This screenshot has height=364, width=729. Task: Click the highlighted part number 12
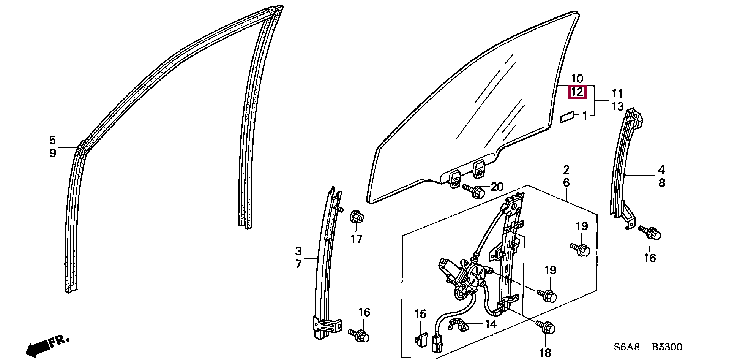coord(577,92)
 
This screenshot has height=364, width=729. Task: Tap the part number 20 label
coord(497,187)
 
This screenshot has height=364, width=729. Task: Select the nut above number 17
coord(356,217)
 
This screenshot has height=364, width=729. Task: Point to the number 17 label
coord(356,239)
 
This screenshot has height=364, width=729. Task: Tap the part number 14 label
coord(491,324)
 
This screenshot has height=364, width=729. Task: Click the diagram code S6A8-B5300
coord(648,347)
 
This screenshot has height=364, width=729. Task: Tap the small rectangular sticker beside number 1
coord(568,117)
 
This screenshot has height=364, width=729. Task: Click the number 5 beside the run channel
coord(52,140)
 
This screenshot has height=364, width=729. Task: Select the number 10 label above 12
coord(577,79)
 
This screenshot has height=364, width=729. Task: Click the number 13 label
coord(618,106)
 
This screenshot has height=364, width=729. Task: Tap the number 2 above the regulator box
coord(566,170)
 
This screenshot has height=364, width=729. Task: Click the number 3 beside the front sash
coord(298,251)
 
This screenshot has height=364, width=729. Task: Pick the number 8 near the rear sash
coord(662,183)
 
